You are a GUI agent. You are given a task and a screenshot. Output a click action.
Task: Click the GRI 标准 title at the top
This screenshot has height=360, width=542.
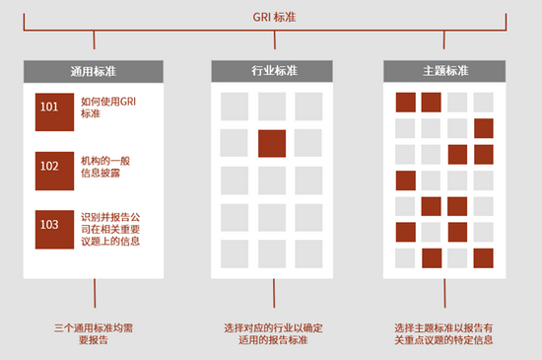(270, 15)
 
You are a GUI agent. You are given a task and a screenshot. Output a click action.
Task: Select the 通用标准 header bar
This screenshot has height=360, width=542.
(95, 71)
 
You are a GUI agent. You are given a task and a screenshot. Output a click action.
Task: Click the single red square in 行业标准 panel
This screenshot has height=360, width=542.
(272, 143)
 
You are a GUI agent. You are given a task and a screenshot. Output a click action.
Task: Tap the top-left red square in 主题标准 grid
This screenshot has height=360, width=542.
(405, 102)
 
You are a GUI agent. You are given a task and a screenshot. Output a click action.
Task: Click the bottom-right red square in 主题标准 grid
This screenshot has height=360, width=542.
(483, 257)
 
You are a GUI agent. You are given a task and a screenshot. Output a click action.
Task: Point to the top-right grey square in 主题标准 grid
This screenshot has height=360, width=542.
(483, 102)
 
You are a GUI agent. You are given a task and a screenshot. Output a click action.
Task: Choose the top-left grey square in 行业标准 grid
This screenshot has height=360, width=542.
(235, 107)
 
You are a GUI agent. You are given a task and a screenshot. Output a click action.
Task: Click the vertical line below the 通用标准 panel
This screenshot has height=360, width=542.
(95, 294)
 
